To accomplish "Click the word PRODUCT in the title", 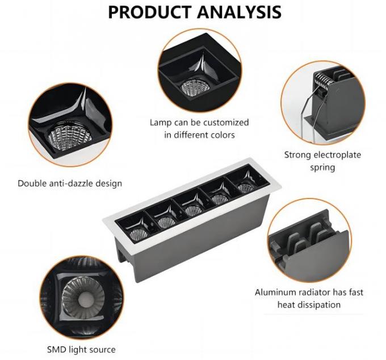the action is click(x=150, y=12).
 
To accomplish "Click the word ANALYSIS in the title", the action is click(x=239, y=12).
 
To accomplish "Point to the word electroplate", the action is click(x=337, y=155).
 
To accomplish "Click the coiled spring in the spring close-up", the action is click(x=325, y=79).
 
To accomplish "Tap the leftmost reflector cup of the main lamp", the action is click(x=139, y=234).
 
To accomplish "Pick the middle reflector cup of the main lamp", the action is click(x=193, y=211).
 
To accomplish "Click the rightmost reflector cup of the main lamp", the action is click(x=245, y=188).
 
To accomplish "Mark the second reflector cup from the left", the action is click(x=166, y=222).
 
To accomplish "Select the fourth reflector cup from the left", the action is click(x=220, y=199).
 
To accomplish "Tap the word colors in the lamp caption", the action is click(x=223, y=135).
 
